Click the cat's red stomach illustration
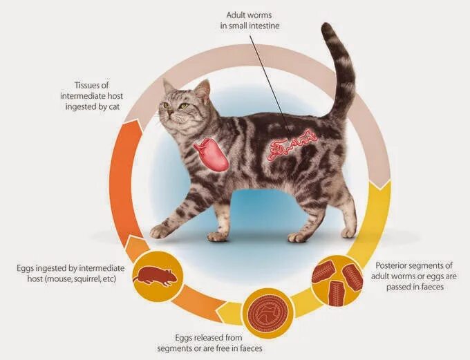(x=213, y=154)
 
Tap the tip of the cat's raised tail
(x=327, y=28)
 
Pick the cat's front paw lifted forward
(x=160, y=230)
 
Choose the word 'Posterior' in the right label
(x=394, y=265)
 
